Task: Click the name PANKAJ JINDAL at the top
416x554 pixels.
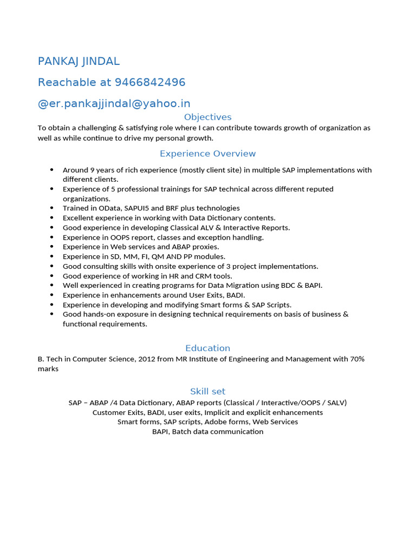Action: [x=79, y=61]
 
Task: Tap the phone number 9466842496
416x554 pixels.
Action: [x=150, y=82]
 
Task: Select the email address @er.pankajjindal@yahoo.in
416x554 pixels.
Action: [x=114, y=103]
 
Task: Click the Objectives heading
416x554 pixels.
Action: [x=207, y=117]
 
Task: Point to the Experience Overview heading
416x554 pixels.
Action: [x=207, y=154]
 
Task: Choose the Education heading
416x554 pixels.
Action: [x=207, y=348]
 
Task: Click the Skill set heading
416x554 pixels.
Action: [x=207, y=391]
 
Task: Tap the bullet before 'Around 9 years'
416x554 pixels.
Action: [x=51, y=170]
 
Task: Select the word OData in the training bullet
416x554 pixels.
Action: [x=110, y=208]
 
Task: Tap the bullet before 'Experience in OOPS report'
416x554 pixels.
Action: [x=51, y=238]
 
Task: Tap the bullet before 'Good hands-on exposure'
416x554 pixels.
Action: [x=51, y=314]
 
